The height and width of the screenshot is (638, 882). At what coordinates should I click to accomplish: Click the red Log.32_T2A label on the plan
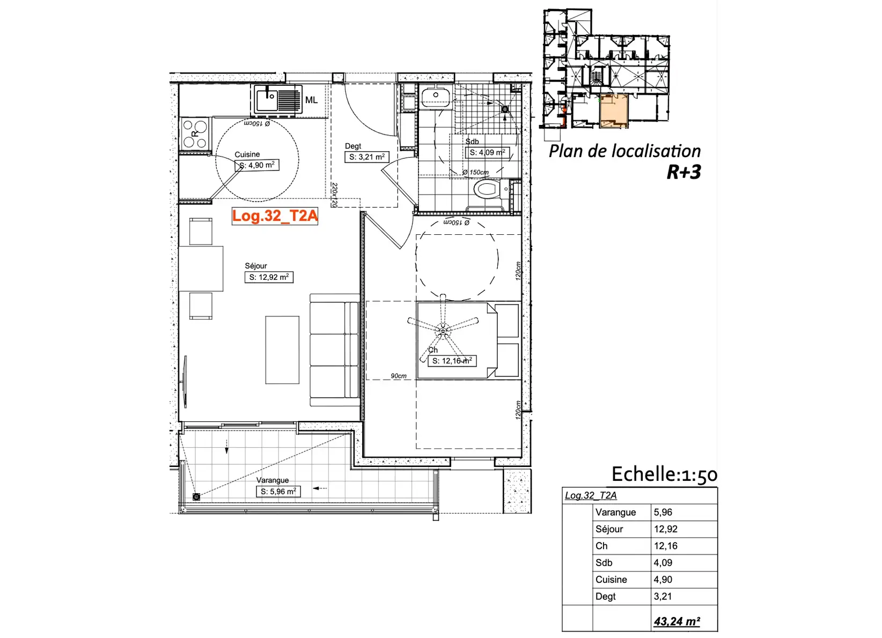pos(275,216)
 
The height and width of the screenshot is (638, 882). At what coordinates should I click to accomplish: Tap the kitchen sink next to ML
pos(276,99)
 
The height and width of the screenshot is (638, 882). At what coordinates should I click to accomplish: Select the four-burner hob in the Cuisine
pos(195,134)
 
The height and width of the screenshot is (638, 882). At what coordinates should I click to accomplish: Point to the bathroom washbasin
pos(436,97)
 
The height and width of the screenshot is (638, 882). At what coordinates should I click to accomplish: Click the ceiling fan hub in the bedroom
pos(443,330)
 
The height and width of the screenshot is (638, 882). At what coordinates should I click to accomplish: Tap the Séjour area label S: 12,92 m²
pos(269,277)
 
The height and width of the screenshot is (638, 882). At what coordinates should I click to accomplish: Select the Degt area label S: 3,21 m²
pos(367,157)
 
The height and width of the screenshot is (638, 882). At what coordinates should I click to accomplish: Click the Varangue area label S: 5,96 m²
pos(278,492)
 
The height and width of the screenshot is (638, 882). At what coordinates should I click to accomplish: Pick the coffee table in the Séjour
pos(282,350)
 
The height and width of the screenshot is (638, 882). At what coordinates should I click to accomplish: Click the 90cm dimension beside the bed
pos(399,376)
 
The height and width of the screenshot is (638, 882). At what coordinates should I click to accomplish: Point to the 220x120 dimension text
pos(335,195)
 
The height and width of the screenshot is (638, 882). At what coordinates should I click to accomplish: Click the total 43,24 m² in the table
pos(677,621)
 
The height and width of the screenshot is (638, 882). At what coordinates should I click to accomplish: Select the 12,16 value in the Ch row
pos(666,546)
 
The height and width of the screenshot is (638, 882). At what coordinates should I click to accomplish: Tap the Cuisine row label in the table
pos(611,580)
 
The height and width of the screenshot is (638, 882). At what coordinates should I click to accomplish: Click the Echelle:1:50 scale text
pos(665,474)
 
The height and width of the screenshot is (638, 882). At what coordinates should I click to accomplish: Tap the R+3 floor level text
pos(683,172)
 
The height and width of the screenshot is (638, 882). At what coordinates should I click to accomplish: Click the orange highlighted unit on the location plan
pos(613,110)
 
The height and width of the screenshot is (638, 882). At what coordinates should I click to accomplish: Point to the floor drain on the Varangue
pos(196,497)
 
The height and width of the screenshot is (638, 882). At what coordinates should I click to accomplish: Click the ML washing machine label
pos(312,100)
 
